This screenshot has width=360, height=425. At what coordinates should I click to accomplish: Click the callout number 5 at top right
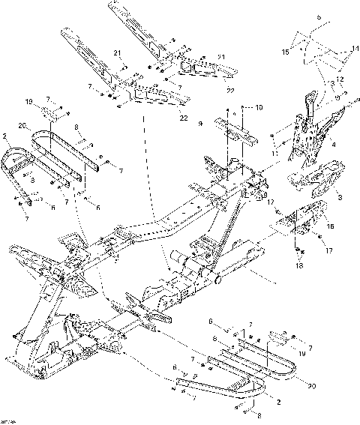(318, 16)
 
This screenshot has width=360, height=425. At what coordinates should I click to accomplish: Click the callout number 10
(259, 108)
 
